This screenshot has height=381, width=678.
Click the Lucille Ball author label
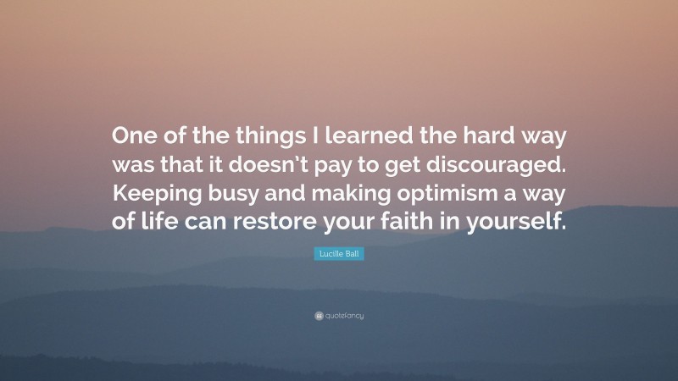pos(339,254)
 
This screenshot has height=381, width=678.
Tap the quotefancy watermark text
pos(344,316)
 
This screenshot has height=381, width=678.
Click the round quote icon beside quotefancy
pos(318,316)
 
